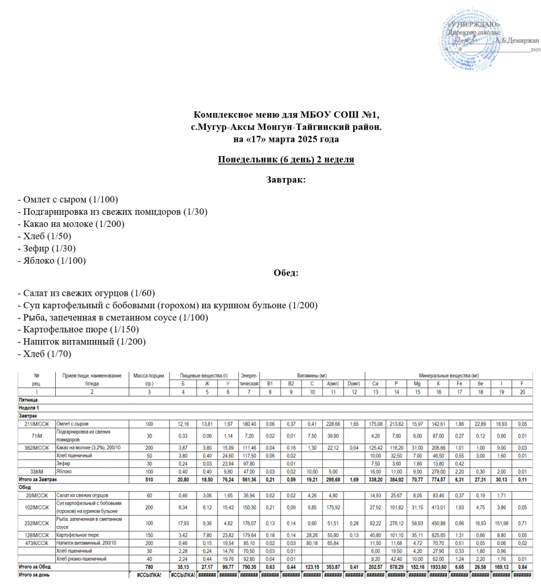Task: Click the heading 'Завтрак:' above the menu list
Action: (x=285, y=180)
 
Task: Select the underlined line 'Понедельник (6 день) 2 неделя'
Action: (x=285, y=159)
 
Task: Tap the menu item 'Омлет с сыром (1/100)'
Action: (x=68, y=200)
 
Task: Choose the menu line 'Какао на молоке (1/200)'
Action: (x=72, y=224)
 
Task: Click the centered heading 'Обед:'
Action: (x=285, y=273)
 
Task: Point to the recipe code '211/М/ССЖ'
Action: (x=36, y=424)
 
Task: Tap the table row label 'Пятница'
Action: (x=28, y=399)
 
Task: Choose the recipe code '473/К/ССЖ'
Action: (x=36, y=543)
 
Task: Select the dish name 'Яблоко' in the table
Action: (x=64, y=471)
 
